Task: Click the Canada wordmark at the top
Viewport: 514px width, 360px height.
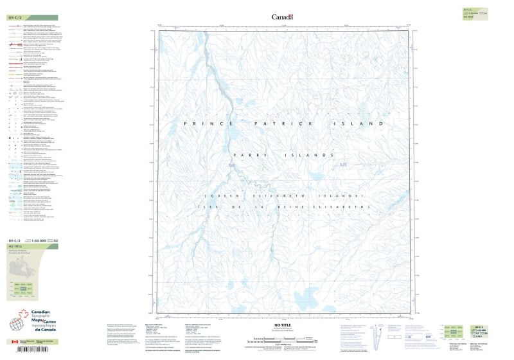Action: point(282,17)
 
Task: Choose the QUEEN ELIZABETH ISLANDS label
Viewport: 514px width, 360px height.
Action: point(283,195)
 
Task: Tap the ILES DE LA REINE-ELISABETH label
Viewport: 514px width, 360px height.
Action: point(283,207)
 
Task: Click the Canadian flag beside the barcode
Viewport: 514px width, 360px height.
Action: point(14,342)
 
